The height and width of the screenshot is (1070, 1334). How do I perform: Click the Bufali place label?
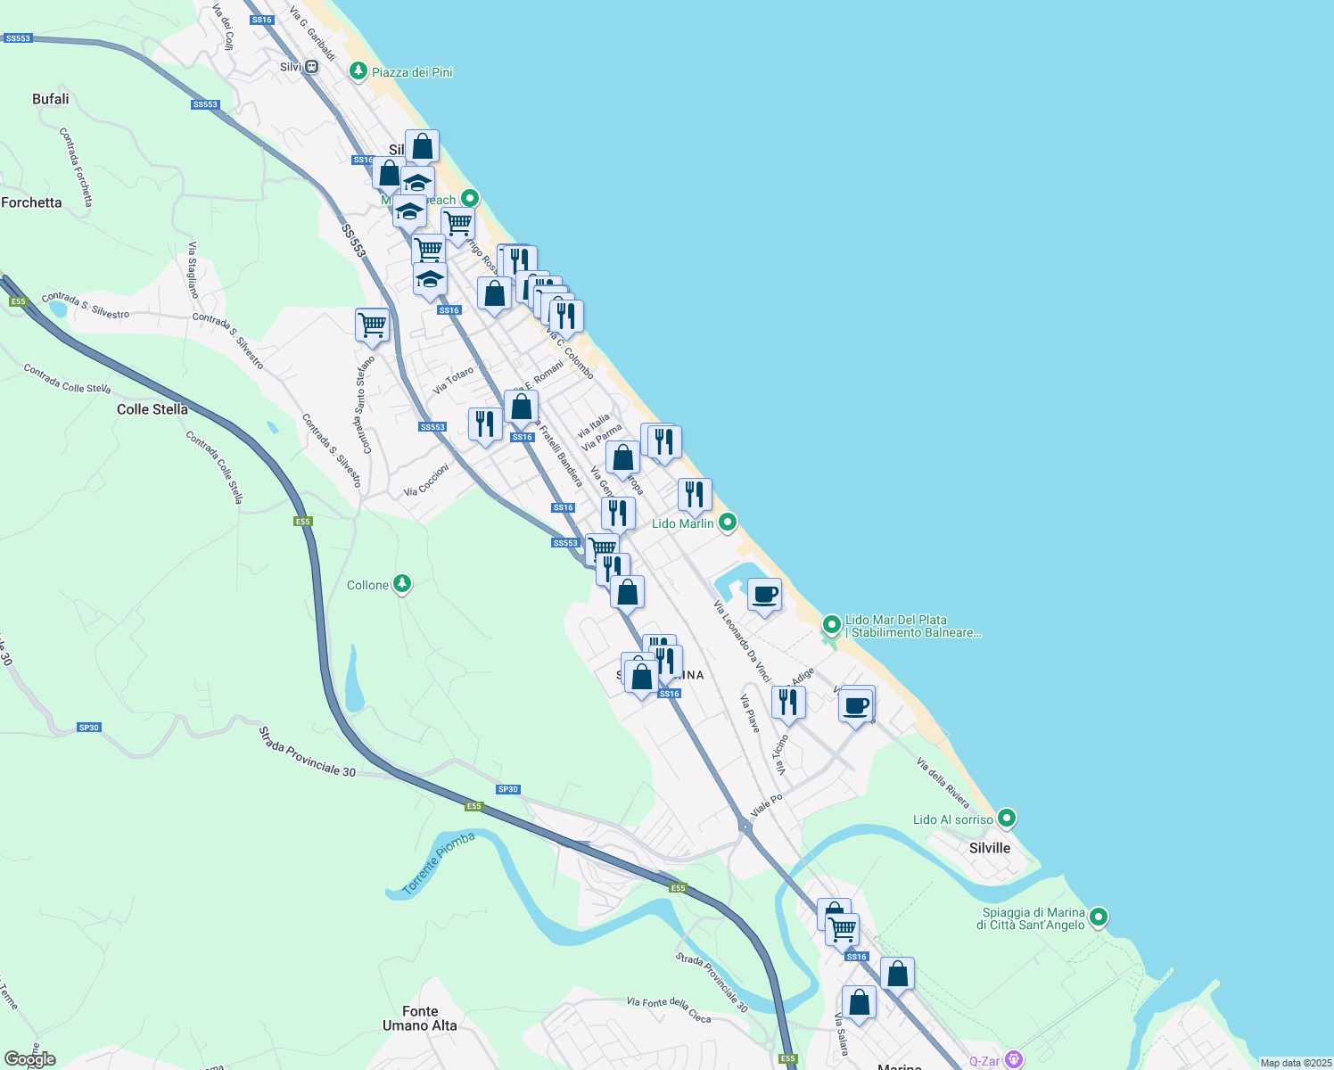click(51, 99)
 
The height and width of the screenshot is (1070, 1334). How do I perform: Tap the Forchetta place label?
click(32, 202)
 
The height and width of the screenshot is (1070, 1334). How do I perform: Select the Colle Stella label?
click(152, 409)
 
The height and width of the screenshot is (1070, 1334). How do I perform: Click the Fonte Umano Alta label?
click(420, 1018)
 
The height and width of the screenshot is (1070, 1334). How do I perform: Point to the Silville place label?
click(990, 848)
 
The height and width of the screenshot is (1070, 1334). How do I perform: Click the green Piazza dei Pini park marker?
click(358, 71)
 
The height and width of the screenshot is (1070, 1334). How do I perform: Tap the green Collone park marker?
click(402, 585)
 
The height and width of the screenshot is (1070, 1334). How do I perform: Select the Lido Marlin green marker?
click(728, 523)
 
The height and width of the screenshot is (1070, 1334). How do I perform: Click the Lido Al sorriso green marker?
click(1007, 818)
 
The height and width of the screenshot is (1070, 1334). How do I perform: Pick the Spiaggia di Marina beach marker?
click(1099, 917)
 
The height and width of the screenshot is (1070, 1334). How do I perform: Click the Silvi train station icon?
click(311, 67)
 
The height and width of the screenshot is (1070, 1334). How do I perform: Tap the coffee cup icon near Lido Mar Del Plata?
click(764, 595)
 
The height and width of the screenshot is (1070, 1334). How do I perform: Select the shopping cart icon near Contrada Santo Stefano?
click(372, 325)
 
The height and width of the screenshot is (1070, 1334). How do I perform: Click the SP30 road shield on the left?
click(89, 728)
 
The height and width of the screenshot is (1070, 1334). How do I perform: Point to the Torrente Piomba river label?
click(439, 862)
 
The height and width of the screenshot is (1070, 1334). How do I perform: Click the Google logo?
click(30, 1059)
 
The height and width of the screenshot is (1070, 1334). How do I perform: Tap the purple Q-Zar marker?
click(1013, 1059)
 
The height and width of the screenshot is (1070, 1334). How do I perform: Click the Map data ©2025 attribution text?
click(1296, 1063)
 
